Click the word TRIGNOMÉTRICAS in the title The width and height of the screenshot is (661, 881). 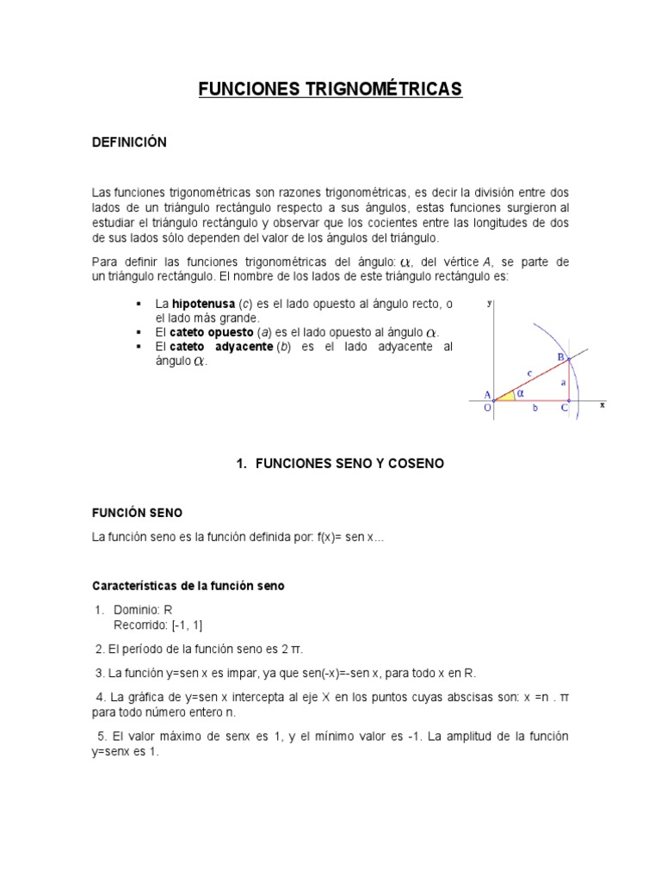click(x=380, y=89)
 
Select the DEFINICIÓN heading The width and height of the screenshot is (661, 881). click(x=129, y=142)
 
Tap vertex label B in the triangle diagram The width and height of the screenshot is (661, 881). click(x=560, y=357)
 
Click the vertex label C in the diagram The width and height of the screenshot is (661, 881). click(x=565, y=409)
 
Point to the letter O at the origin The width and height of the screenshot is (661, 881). click(x=487, y=409)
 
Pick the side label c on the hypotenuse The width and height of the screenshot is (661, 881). click(x=529, y=373)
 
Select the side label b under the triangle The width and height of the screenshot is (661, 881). click(x=534, y=409)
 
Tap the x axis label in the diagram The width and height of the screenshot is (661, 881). click(x=602, y=404)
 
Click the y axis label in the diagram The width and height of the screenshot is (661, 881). click(x=489, y=303)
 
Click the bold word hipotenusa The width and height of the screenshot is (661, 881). click(x=203, y=305)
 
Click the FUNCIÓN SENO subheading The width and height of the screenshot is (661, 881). click(x=137, y=512)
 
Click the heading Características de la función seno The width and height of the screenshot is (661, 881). click(x=188, y=586)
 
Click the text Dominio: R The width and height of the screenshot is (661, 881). click(x=143, y=610)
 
